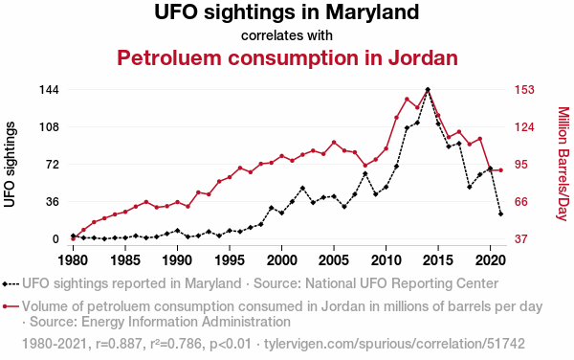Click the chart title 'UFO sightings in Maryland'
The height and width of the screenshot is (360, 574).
tap(287, 11)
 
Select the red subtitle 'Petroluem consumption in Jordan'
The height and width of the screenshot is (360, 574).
tap(287, 57)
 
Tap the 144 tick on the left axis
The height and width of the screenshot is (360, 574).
tap(49, 90)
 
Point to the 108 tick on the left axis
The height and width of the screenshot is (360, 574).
tap(49, 127)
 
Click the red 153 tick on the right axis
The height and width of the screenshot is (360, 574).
tap(524, 90)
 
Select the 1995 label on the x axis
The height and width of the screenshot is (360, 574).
tap(230, 260)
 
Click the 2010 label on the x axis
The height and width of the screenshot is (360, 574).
tap(386, 260)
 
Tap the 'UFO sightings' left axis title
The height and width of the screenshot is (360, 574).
tap(10, 165)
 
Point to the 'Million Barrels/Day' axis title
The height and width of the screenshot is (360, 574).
tap(563, 164)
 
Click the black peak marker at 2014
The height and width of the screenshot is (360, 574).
tap(428, 89)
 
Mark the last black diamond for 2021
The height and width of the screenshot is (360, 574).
tap(500, 214)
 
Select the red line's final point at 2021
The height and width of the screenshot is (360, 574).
tap(500, 170)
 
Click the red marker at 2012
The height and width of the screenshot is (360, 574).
tap(407, 100)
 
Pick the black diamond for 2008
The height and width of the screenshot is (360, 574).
tap(365, 173)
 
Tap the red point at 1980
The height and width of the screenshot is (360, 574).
tap(73, 238)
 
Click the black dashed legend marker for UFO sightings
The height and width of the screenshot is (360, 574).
tap(11, 283)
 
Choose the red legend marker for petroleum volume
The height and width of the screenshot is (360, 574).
tap(11, 306)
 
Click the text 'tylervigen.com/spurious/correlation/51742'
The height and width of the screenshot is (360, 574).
tap(394, 344)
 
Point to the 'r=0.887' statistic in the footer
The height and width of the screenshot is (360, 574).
tap(119, 344)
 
